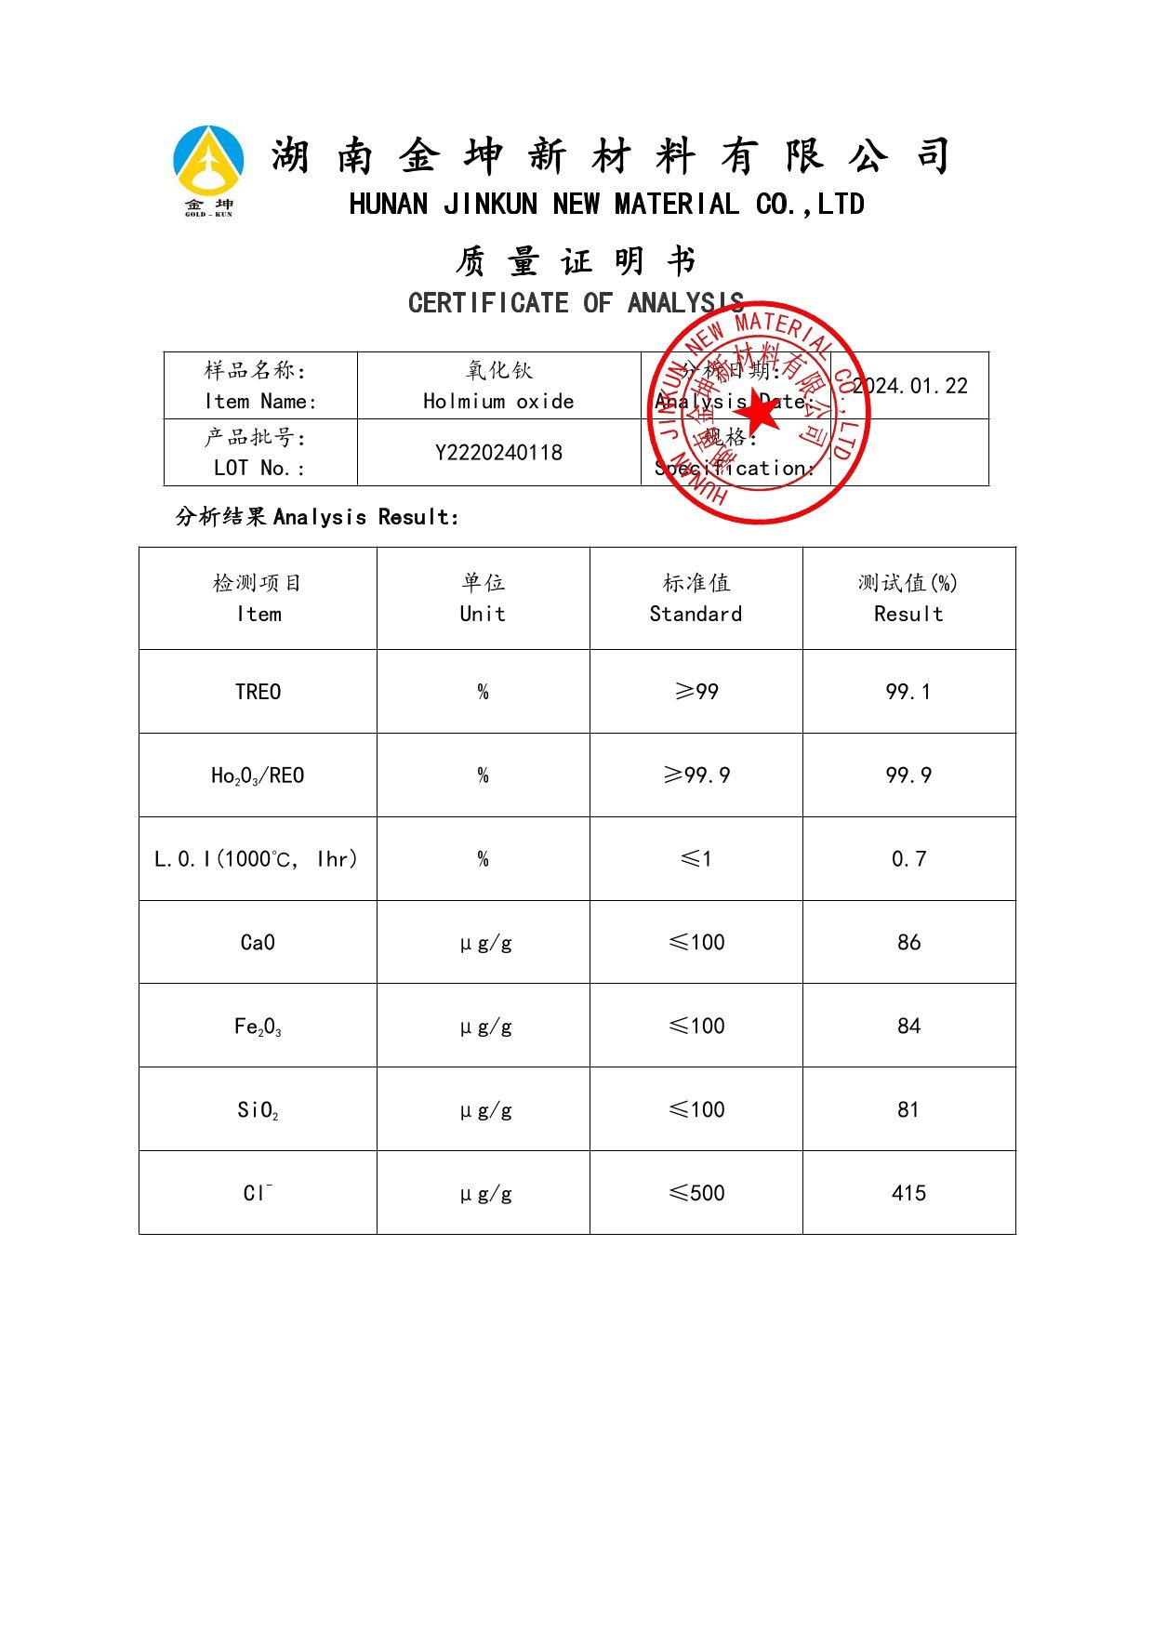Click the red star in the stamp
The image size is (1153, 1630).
tap(760, 410)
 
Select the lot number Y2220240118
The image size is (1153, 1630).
tap(498, 453)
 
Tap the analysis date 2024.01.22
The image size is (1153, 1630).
tap(910, 386)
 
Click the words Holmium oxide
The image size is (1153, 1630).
tap(498, 402)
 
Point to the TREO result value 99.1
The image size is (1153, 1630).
tap(908, 692)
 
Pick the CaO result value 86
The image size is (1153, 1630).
tap(908, 943)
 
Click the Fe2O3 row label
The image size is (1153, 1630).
tap(258, 1027)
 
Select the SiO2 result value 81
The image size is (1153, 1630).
tap(908, 1110)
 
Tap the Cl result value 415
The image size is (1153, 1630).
tap(908, 1194)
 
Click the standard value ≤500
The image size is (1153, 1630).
tap(696, 1194)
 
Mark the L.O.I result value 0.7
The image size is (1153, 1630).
tap(908, 859)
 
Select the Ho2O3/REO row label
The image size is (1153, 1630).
tap(258, 775)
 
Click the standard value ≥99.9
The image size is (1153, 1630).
tap(696, 775)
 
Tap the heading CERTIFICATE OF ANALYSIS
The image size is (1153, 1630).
tap(576, 303)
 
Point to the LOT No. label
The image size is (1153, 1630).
tap(258, 468)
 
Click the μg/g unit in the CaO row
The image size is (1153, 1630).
tap(485, 943)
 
